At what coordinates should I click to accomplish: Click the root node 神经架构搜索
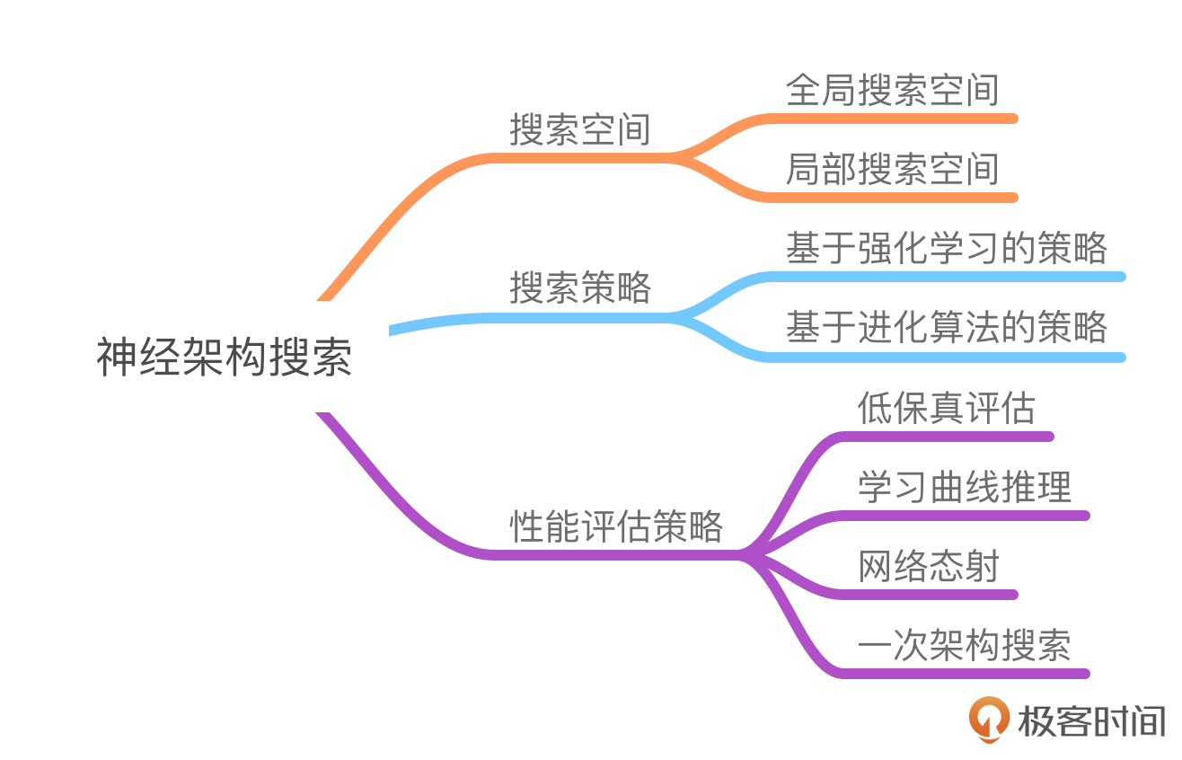click(x=225, y=358)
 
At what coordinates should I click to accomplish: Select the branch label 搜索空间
click(x=580, y=130)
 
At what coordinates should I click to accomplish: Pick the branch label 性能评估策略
click(x=616, y=526)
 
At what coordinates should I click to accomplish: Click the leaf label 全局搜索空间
click(x=892, y=91)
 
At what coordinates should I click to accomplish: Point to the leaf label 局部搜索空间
click(x=892, y=170)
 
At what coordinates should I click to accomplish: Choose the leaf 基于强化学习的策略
click(x=946, y=249)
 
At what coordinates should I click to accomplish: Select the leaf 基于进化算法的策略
click(x=946, y=328)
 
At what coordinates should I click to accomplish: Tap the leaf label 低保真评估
click(x=946, y=409)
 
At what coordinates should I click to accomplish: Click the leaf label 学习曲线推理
click(x=964, y=488)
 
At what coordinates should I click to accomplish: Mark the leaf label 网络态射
click(x=928, y=567)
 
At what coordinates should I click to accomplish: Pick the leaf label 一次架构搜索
click(x=964, y=646)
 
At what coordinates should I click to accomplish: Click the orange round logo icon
click(x=989, y=720)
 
